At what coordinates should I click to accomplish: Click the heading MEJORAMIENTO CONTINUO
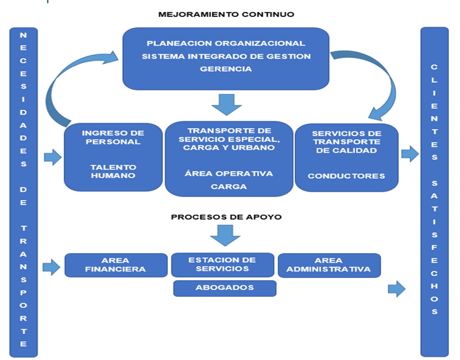(x=226, y=14)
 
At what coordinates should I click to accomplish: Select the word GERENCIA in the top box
(x=226, y=69)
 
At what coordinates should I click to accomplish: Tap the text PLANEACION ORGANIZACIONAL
(x=226, y=43)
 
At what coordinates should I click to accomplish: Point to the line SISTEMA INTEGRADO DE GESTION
(x=226, y=56)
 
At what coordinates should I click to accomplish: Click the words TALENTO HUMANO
(x=113, y=171)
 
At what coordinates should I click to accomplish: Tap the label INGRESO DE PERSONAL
(x=113, y=137)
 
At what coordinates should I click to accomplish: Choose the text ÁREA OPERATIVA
(x=229, y=174)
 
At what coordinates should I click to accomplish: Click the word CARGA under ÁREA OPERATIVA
(x=229, y=187)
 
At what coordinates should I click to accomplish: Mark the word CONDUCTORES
(x=346, y=176)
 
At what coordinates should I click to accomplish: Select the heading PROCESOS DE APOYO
(x=226, y=217)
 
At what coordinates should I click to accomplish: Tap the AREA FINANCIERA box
(x=116, y=265)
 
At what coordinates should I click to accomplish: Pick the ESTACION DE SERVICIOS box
(x=222, y=265)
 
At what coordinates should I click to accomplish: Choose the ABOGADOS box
(x=225, y=288)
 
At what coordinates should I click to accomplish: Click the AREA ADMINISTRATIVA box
(x=329, y=265)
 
